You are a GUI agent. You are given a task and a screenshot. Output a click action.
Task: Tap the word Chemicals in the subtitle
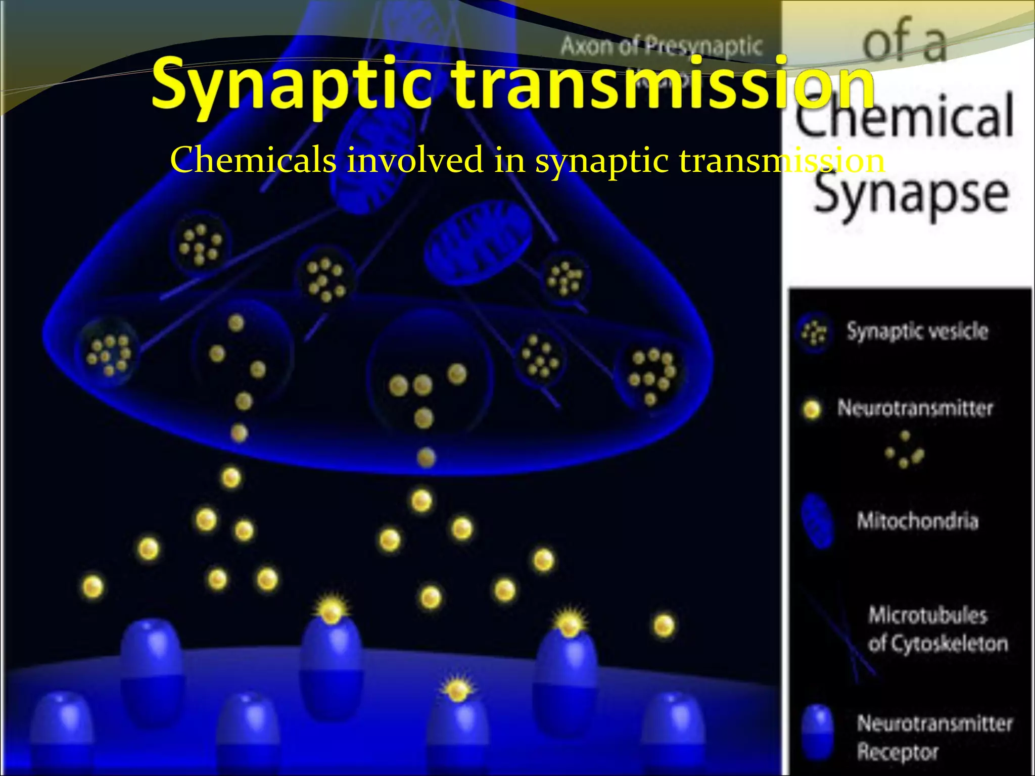[253, 160]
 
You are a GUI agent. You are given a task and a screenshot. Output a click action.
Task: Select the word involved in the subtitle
[414, 160]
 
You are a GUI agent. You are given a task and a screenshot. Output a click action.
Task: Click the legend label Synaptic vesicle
[917, 331]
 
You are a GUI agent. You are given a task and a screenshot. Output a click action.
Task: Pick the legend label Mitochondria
[917, 521]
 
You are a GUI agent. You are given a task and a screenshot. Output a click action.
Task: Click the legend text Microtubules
[928, 615]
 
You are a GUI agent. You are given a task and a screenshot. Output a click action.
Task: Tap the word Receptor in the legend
[898, 752]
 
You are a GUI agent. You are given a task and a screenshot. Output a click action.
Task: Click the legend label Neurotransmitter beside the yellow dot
[915, 408]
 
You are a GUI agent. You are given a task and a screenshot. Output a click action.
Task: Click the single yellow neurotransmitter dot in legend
[812, 409]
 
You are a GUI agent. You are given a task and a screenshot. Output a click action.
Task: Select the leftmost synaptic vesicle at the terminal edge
[107, 352]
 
